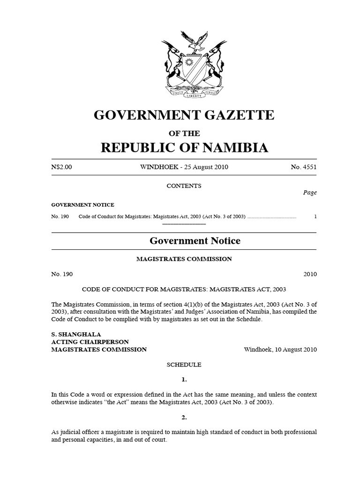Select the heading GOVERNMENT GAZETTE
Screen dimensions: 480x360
(x=184, y=115)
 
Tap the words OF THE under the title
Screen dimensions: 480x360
(x=184, y=134)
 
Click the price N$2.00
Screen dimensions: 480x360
(x=62, y=167)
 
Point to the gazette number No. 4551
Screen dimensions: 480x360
(x=304, y=167)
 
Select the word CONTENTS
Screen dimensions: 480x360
(x=184, y=186)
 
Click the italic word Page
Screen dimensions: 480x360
(x=310, y=193)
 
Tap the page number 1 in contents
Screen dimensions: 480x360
(x=315, y=217)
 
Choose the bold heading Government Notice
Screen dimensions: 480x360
(x=195, y=241)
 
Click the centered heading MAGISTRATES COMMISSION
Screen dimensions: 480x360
(x=184, y=259)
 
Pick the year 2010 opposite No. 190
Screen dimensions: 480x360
(x=309, y=274)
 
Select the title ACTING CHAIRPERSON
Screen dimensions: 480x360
(x=90, y=342)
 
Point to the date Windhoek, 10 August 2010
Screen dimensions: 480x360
(x=280, y=349)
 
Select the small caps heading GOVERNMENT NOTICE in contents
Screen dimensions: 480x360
(x=82, y=205)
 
